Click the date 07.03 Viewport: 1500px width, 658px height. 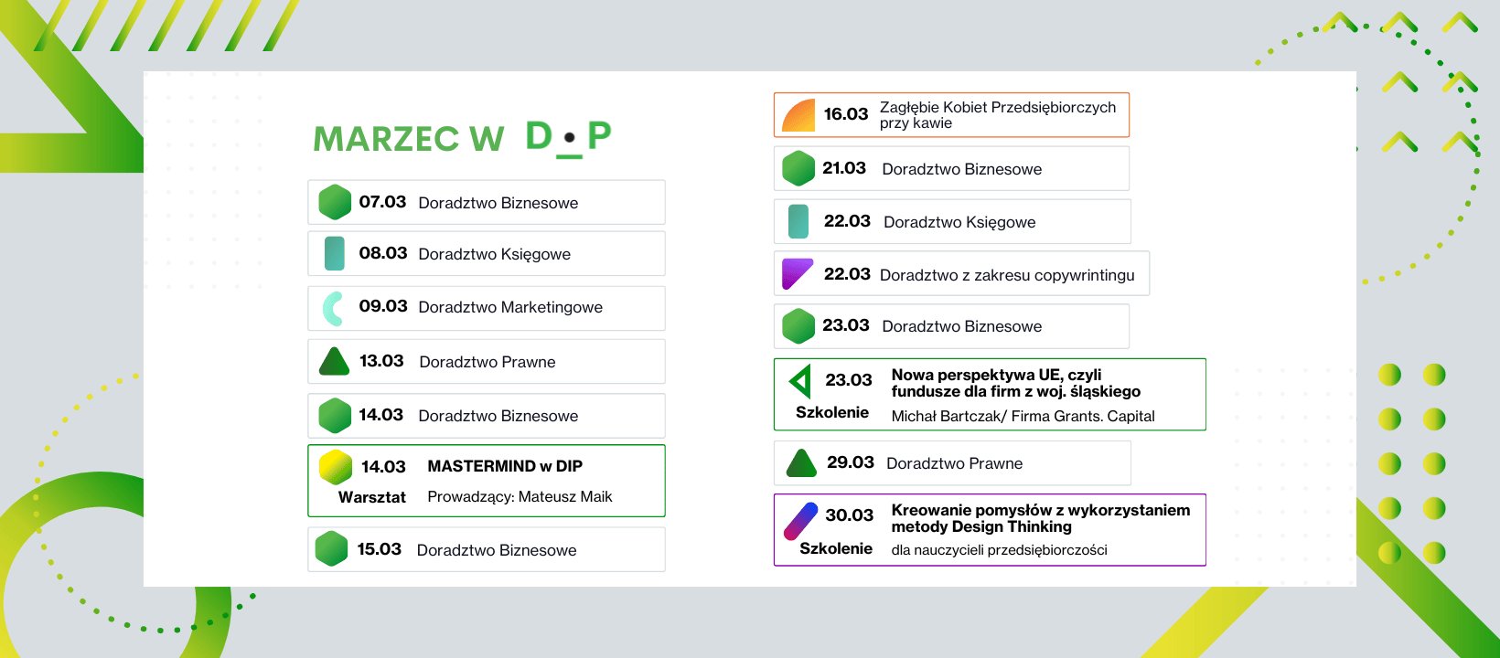click(382, 202)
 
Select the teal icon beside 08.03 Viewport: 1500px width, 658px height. click(334, 253)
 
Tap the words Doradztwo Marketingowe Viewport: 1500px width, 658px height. click(510, 307)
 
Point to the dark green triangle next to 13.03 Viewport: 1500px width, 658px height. click(334, 362)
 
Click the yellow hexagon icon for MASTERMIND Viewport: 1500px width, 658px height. click(336, 467)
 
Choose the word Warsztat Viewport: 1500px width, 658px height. click(371, 497)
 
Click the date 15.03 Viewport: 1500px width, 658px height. click(379, 549)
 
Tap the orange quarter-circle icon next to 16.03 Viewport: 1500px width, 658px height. click(798, 115)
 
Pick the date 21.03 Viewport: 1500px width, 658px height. click(843, 168)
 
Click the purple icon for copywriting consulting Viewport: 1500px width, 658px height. click(797, 274)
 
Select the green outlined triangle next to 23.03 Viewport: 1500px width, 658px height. click(801, 381)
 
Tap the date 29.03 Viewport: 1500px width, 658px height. click(851, 462)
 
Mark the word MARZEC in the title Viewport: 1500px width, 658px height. click(386, 139)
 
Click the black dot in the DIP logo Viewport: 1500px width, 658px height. click(569, 138)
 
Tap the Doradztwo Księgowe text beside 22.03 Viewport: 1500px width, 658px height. click(959, 222)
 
